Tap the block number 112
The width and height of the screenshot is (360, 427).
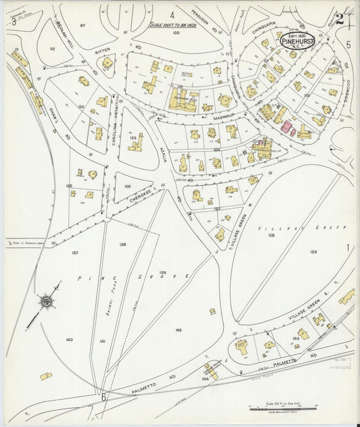52,49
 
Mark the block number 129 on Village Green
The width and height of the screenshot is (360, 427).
313,251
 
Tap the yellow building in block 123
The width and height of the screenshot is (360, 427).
135,143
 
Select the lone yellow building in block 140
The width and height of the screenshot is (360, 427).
46,376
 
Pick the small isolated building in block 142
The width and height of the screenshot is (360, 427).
212,311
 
